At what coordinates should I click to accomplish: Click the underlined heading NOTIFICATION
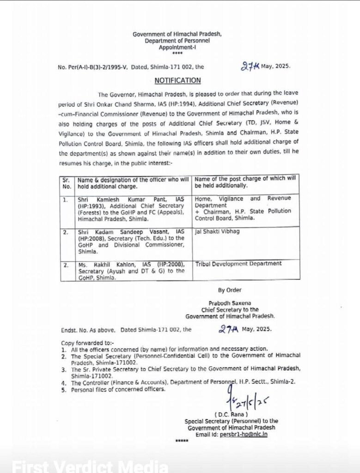click(x=178, y=80)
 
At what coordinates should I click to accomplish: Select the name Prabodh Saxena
click(x=229, y=303)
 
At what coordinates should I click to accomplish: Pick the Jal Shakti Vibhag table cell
click(x=217, y=231)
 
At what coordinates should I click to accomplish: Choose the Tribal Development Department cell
click(x=238, y=264)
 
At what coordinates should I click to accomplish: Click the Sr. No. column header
click(x=67, y=183)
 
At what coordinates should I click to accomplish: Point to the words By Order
click(x=230, y=290)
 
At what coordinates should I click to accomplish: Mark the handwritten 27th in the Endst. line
click(x=228, y=329)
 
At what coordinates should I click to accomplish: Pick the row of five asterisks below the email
click(x=182, y=441)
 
